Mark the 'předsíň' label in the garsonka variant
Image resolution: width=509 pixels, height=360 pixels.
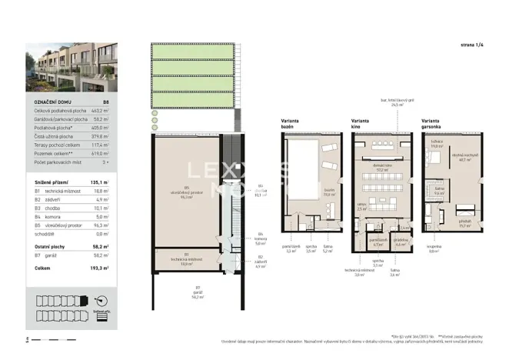(x=464, y=222)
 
